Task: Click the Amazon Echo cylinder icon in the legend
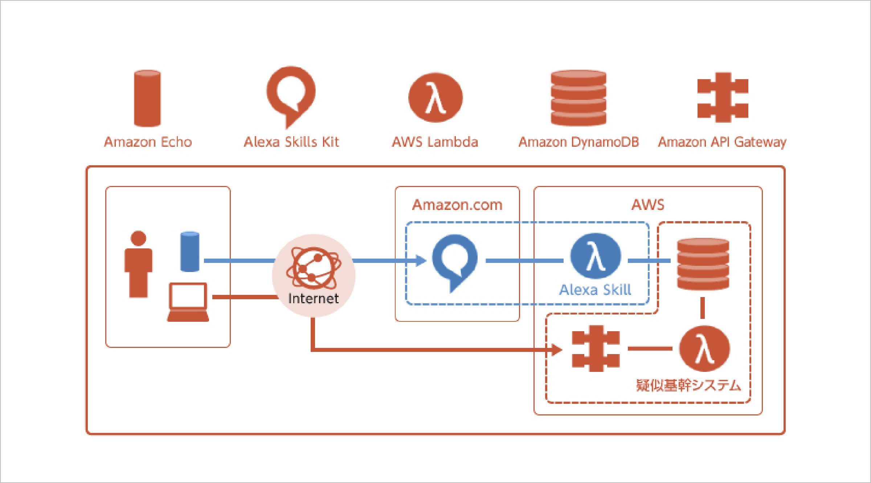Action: tap(147, 98)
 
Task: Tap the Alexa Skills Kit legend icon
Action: tap(291, 94)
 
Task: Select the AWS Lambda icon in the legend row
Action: tap(435, 97)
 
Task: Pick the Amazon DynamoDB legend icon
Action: tap(578, 98)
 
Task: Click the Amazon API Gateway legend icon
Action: tap(723, 97)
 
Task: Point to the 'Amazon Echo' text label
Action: tap(148, 142)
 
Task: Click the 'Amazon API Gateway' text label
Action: tap(722, 142)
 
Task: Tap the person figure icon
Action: tap(138, 264)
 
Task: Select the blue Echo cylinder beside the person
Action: tap(190, 252)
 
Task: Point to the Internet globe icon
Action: tap(314, 268)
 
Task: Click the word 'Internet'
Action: tap(313, 299)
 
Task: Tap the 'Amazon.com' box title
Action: tap(457, 205)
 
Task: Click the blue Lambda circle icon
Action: tap(596, 256)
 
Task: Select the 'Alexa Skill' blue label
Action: tap(595, 290)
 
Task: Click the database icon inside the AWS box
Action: tap(703, 264)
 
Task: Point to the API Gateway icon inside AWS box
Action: tap(596, 349)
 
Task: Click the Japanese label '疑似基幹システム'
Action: tap(688, 385)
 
